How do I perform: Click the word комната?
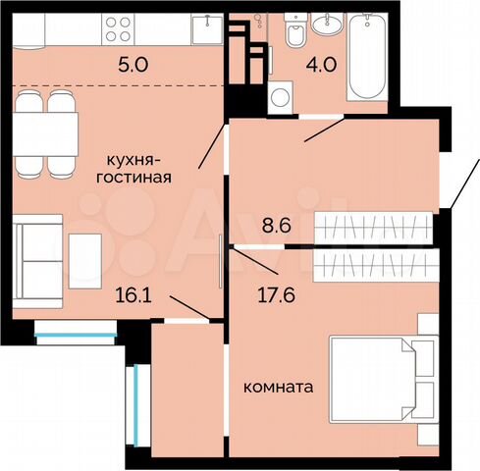278,388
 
